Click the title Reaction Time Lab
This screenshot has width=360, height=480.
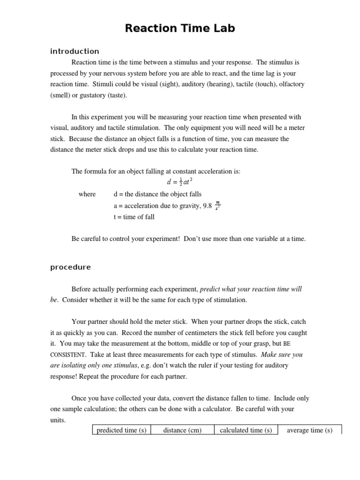(x=180, y=29)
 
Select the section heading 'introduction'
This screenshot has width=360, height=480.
(x=75, y=52)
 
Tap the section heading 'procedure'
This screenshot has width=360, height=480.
(x=70, y=267)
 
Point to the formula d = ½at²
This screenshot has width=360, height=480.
(x=180, y=182)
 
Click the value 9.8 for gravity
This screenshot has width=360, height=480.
(x=207, y=205)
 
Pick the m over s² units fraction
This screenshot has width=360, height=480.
(x=217, y=205)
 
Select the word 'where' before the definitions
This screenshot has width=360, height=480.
(x=87, y=194)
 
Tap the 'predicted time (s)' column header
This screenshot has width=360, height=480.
(x=121, y=430)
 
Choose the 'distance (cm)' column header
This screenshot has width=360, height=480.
(x=182, y=430)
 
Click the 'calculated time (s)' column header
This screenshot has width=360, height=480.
(x=246, y=430)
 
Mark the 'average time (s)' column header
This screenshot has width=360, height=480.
(x=309, y=430)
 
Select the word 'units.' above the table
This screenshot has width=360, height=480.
(x=58, y=420)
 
